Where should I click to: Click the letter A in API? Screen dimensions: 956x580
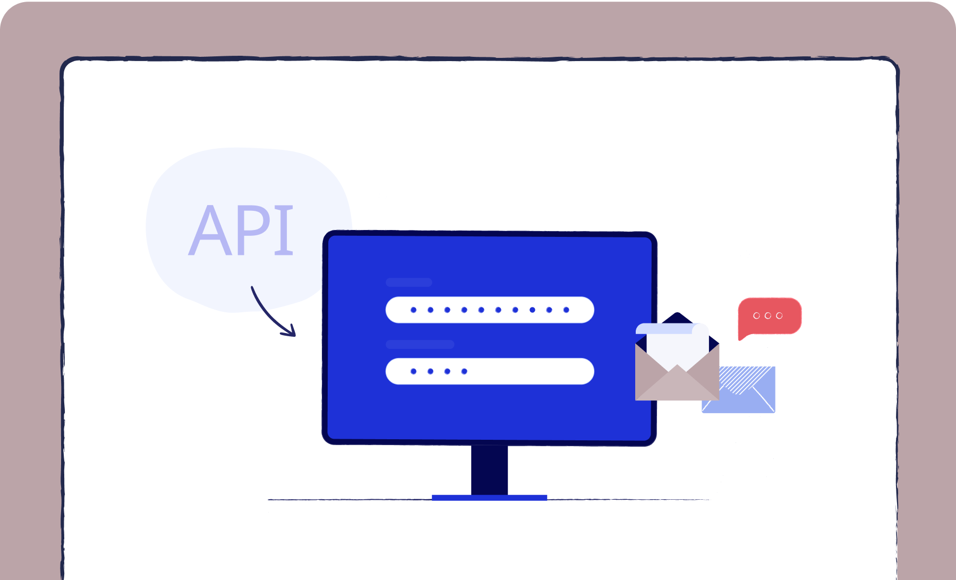click(x=211, y=230)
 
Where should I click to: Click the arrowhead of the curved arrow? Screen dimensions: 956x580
click(x=290, y=330)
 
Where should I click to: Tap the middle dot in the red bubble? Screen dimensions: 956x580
click(x=768, y=315)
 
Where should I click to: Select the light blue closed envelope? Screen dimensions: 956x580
click(x=739, y=389)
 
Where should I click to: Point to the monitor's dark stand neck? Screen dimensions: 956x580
click(x=489, y=470)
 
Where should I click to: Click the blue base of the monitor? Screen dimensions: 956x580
click(x=489, y=498)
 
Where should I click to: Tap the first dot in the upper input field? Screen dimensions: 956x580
click(x=414, y=310)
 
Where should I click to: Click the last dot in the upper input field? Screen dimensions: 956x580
click(x=566, y=310)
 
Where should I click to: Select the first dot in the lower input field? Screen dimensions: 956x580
click(x=414, y=371)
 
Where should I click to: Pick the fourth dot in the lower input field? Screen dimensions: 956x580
click(x=464, y=371)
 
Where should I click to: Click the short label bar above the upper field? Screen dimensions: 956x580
click(x=409, y=282)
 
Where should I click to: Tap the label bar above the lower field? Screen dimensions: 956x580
click(x=420, y=344)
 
